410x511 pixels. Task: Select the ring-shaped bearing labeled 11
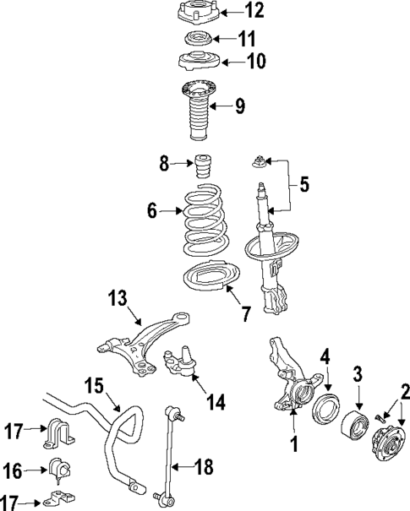pos(197,40)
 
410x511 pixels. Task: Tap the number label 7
pos(246,314)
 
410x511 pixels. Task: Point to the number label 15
pos(95,388)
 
